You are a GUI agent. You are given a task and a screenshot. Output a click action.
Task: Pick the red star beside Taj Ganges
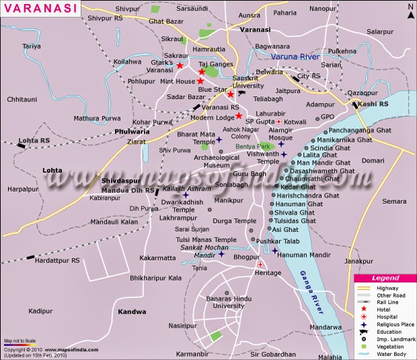[x=202, y=71]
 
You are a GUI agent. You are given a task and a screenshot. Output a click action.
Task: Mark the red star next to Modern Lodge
[x=238, y=116]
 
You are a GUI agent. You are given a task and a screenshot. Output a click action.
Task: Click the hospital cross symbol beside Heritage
[x=259, y=264]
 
